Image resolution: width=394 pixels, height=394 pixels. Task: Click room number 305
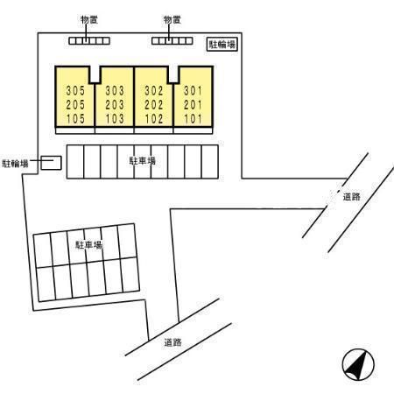(75, 90)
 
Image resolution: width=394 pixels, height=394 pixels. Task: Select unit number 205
(75, 104)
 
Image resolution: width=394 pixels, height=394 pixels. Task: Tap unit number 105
(75, 118)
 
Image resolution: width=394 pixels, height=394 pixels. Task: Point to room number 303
(115, 90)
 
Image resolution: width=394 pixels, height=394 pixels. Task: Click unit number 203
(115, 104)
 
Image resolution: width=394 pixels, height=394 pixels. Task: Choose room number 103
(115, 118)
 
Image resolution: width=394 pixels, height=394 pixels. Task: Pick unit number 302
(154, 90)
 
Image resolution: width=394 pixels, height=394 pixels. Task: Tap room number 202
(154, 104)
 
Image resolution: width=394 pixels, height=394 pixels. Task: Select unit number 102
(154, 118)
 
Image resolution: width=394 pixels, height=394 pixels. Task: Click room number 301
(193, 90)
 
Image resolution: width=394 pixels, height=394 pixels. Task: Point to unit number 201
(193, 104)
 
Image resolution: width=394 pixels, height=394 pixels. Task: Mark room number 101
(193, 118)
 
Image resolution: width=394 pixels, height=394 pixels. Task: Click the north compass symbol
(358, 364)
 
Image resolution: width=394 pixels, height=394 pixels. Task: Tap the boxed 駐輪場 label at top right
(222, 45)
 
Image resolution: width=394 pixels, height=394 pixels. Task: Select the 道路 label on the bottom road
(172, 342)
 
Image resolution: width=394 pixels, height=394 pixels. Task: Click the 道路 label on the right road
(351, 197)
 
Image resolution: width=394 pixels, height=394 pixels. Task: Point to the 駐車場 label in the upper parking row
(142, 160)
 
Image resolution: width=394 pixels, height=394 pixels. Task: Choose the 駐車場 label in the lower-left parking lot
(89, 244)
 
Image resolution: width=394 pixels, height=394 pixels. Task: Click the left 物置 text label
(89, 20)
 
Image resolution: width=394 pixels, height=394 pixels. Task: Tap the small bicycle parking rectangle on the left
(51, 163)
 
